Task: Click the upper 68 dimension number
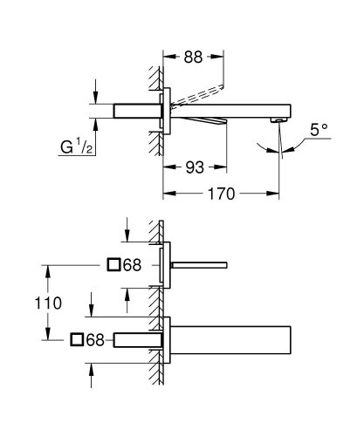pyautogui.click(x=131, y=265)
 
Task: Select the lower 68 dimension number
pyautogui.click(x=97, y=339)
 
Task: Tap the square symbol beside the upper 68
pyautogui.click(x=112, y=265)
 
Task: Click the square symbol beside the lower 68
pyautogui.click(x=78, y=339)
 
